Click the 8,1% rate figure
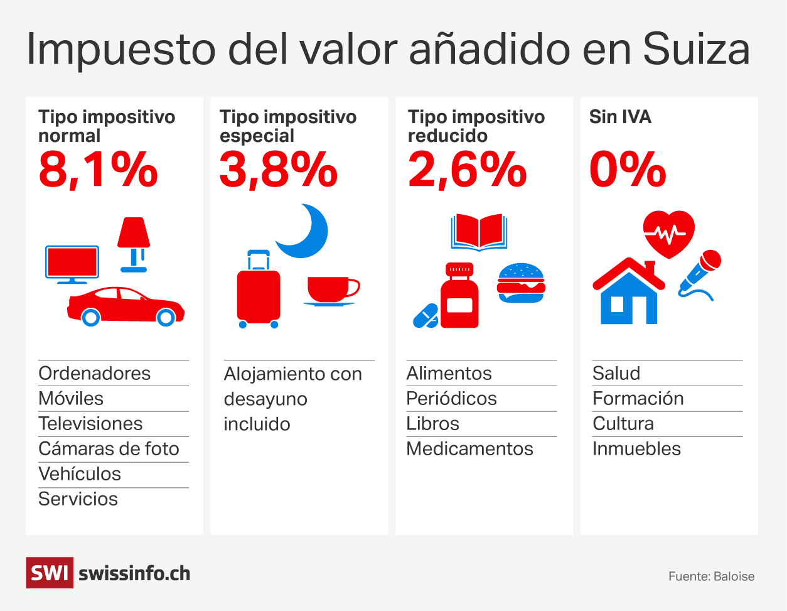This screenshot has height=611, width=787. click(98, 170)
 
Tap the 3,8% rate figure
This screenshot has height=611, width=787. click(279, 170)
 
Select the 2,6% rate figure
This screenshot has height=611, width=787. click(467, 170)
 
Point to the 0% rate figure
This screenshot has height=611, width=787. click(628, 170)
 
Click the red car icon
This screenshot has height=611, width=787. click(126, 306)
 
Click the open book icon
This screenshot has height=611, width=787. click(479, 232)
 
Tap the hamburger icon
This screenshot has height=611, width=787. click(521, 283)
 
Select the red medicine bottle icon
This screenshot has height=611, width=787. click(459, 296)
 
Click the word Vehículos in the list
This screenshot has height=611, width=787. click(80, 474)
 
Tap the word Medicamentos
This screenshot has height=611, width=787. click(469, 449)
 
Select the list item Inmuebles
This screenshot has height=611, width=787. click(636, 449)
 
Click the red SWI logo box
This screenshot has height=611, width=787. click(50, 573)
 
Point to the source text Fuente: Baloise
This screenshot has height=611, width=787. click(711, 576)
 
